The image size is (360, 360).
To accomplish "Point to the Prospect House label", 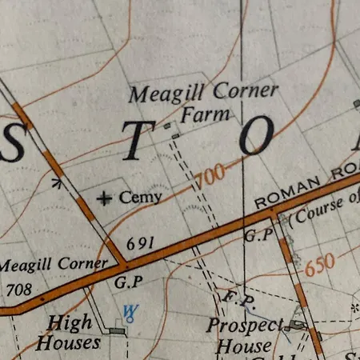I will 244,336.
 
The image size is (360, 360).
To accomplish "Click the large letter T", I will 138,141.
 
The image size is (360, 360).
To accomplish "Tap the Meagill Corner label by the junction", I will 53,264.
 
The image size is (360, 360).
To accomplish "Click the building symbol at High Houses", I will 118,330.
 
